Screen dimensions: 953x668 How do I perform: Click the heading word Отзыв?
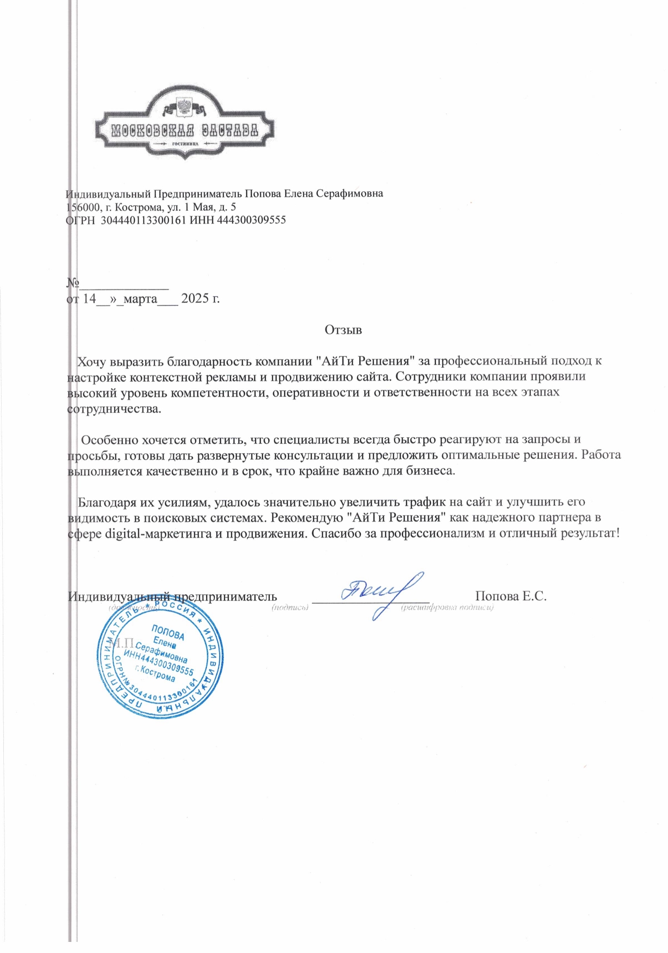pyautogui.click(x=343, y=330)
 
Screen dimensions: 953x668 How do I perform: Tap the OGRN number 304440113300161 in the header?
pyautogui.click(x=144, y=220)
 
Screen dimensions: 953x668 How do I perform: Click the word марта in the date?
pyautogui.click(x=141, y=298)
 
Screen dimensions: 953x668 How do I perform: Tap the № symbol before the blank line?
pyautogui.click(x=73, y=283)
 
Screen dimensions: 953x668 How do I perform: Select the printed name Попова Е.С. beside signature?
pyautogui.click(x=511, y=596)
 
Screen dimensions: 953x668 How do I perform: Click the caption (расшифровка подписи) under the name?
pyautogui.click(x=447, y=607)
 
